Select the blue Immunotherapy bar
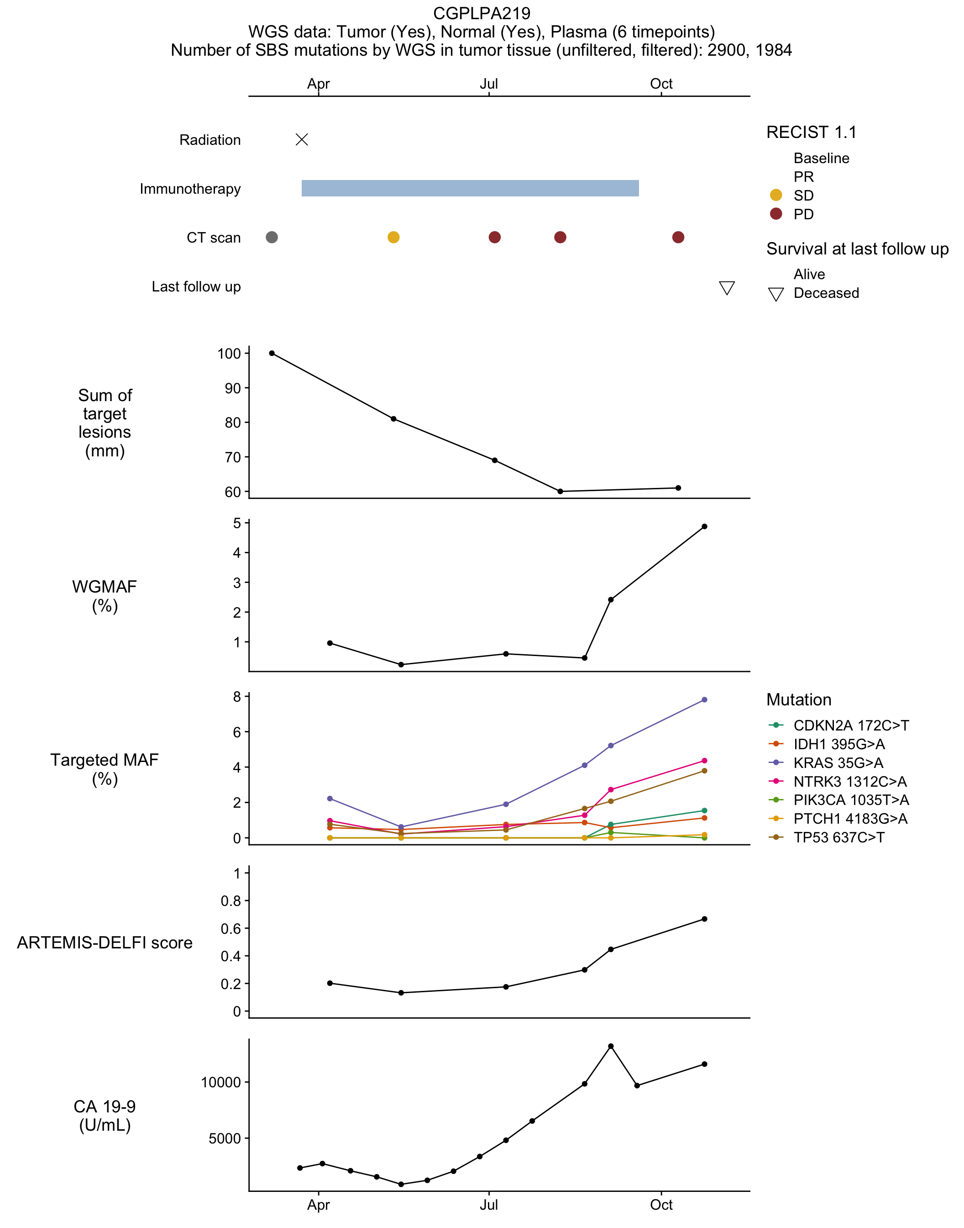tap(470, 188)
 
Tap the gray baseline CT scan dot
tap(272, 237)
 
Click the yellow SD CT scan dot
tap(393, 237)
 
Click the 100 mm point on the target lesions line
tap(272, 353)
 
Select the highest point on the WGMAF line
tap(704, 526)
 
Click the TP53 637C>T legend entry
tap(827, 837)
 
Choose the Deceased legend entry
tap(813, 293)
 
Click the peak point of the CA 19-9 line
tap(611, 1046)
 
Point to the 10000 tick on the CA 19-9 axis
tap(220, 1082)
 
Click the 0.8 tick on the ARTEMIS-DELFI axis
tap(231, 900)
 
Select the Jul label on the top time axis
tap(489, 84)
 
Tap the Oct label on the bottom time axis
tap(661, 1205)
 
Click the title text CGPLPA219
tap(482, 13)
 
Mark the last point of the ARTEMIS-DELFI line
tap(704, 919)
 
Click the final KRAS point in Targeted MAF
tap(704, 700)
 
